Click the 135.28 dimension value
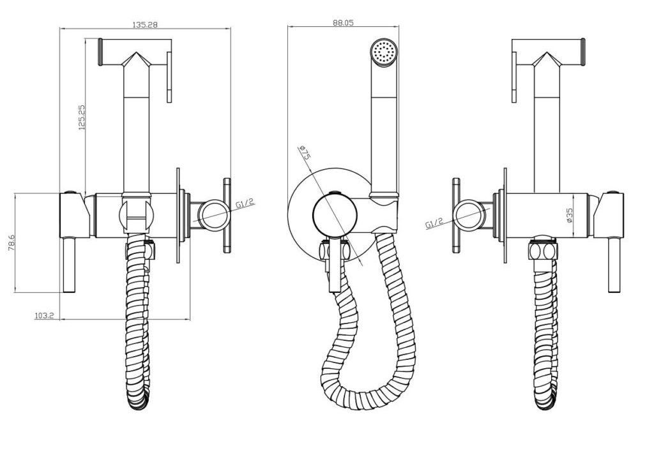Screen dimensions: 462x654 [x=145, y=25]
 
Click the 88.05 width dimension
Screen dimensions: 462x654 [x=343, y=22]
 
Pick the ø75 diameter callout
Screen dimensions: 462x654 [x=305, y=153]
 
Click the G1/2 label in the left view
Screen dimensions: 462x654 [x=245, y=204]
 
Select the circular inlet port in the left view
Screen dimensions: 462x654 [x=213, y=215]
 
